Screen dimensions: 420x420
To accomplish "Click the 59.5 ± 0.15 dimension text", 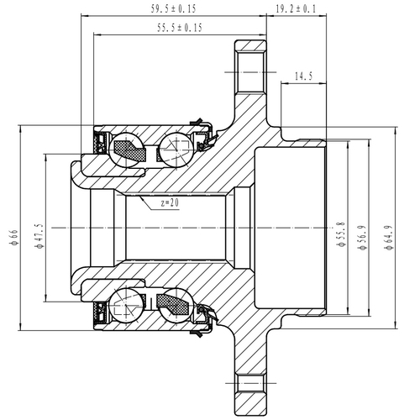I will pos(174,9).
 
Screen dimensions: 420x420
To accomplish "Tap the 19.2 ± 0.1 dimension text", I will pos(292,9).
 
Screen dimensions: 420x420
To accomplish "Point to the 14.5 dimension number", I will pos(303,76).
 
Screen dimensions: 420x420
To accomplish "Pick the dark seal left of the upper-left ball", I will pos(102,144).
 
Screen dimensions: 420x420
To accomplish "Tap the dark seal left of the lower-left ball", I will pos(102,310).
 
